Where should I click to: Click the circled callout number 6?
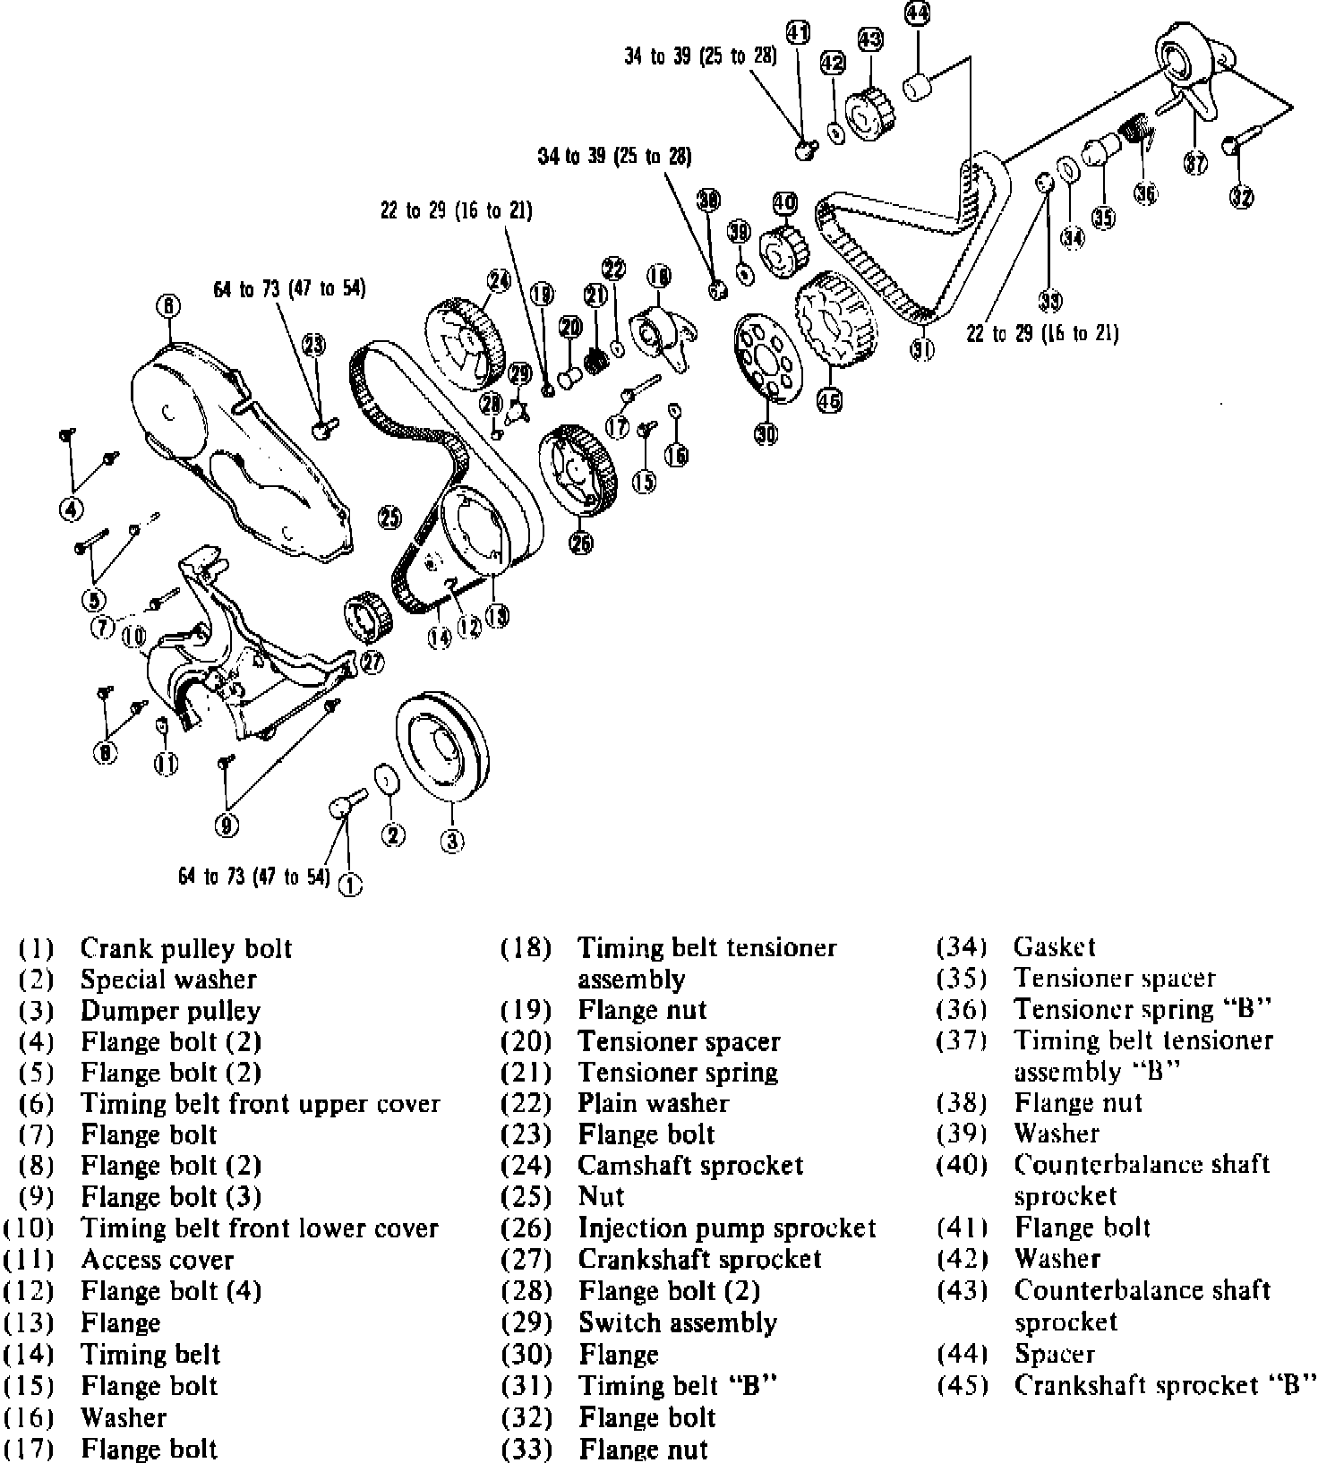[x=168, y=307]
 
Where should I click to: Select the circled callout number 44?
[x=917, y=13]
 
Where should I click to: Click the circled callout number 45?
[x=830, y=399]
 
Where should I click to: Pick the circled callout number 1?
[x=350, y=885]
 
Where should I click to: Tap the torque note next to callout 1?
[x=254, y=877]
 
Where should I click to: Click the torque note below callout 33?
[x=1042, y=333]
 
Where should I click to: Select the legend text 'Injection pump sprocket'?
[x=727, y=1228]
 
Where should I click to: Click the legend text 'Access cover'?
[x=157, y=1260]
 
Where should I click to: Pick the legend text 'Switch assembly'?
[x=678, y=1322]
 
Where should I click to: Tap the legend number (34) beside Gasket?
[x=963, y=946]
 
